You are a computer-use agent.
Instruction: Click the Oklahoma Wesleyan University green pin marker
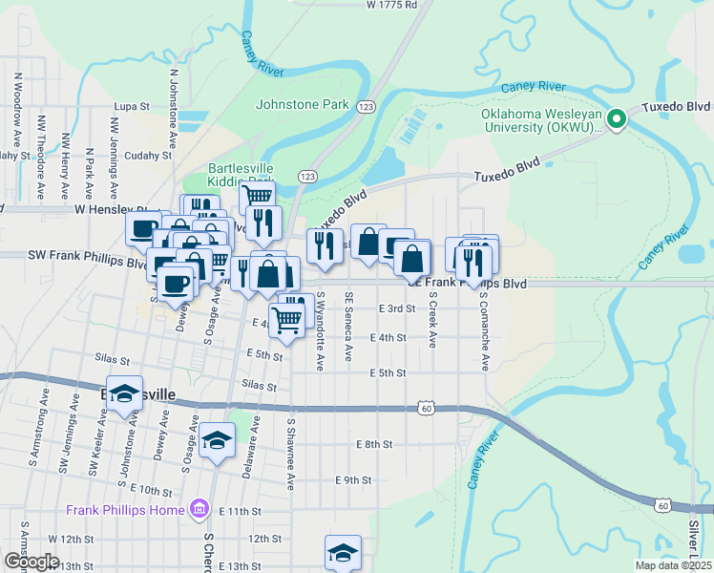(617, 118)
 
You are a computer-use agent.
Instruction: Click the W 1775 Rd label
(392, 5)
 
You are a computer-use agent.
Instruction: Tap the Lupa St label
(134, 107)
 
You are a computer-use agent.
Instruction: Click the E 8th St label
(374, 444)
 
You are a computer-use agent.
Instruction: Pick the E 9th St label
(353, 479)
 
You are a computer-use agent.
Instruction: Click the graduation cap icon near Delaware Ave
(218, 440)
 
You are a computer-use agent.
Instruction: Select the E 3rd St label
(397, 308)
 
